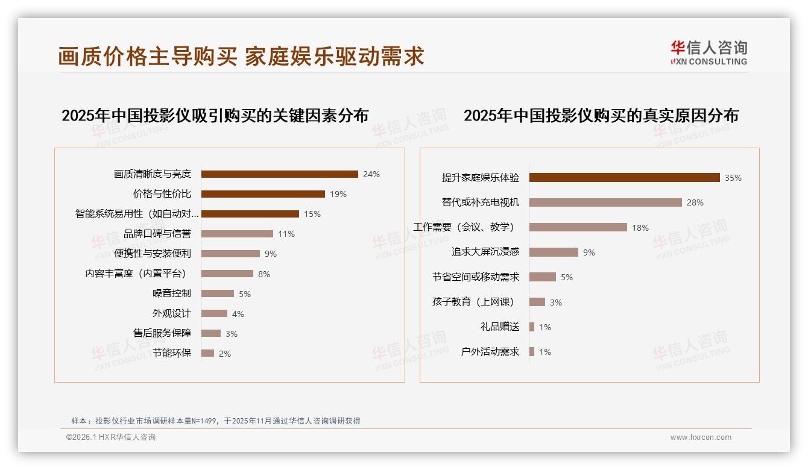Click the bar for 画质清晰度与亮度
(279, 174)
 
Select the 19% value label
(338, 194)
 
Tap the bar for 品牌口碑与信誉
(237, 234)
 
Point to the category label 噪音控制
(171, 293)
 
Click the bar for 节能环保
(207, 353)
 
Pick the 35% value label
(733, 178)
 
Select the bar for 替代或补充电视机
(605, 202)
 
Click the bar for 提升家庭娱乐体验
(624, 178)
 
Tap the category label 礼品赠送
(499, 327)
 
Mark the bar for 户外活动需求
(532, 352)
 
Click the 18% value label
(640, 228)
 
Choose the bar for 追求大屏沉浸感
(554, 252)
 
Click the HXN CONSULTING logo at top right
(709, 53)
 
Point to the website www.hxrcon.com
(701, 437)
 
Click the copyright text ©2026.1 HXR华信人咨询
(111, 437)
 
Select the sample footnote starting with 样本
(215, 421)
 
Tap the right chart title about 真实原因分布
(601, 116)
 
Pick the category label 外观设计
(171, 313)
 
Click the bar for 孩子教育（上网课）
(537, 302)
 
